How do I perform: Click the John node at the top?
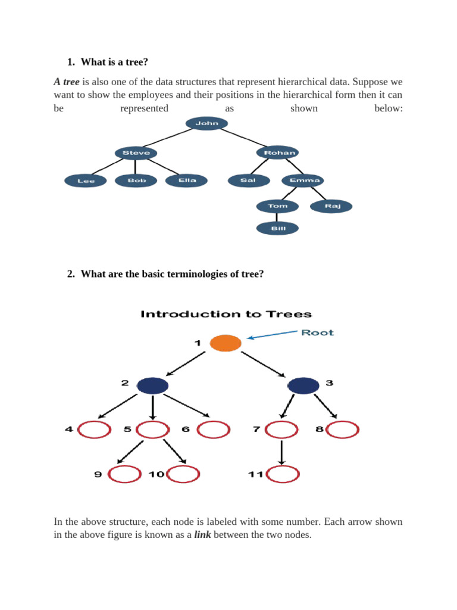pos(206,123)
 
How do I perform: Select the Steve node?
pos(136,153)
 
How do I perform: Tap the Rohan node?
pos(278,153)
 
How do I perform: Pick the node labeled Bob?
pos(136,180)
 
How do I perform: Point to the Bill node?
pos(277,228)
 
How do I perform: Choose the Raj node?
pos(331,206)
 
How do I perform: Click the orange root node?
pos(226,344)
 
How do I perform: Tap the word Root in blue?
pos(317,332)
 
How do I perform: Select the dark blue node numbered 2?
pos(153,385)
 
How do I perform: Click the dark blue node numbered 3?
pos(303,385)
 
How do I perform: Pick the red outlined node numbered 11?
pos(283,474)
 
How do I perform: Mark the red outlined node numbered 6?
pos(213,430)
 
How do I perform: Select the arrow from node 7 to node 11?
pos(282,452)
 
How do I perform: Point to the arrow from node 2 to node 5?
pos(153,407)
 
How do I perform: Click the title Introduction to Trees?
pos(226,314)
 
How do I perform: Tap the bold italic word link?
pos(202,535)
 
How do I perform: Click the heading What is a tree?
pos(114,61)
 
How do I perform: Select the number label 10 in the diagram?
pos(156,474)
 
